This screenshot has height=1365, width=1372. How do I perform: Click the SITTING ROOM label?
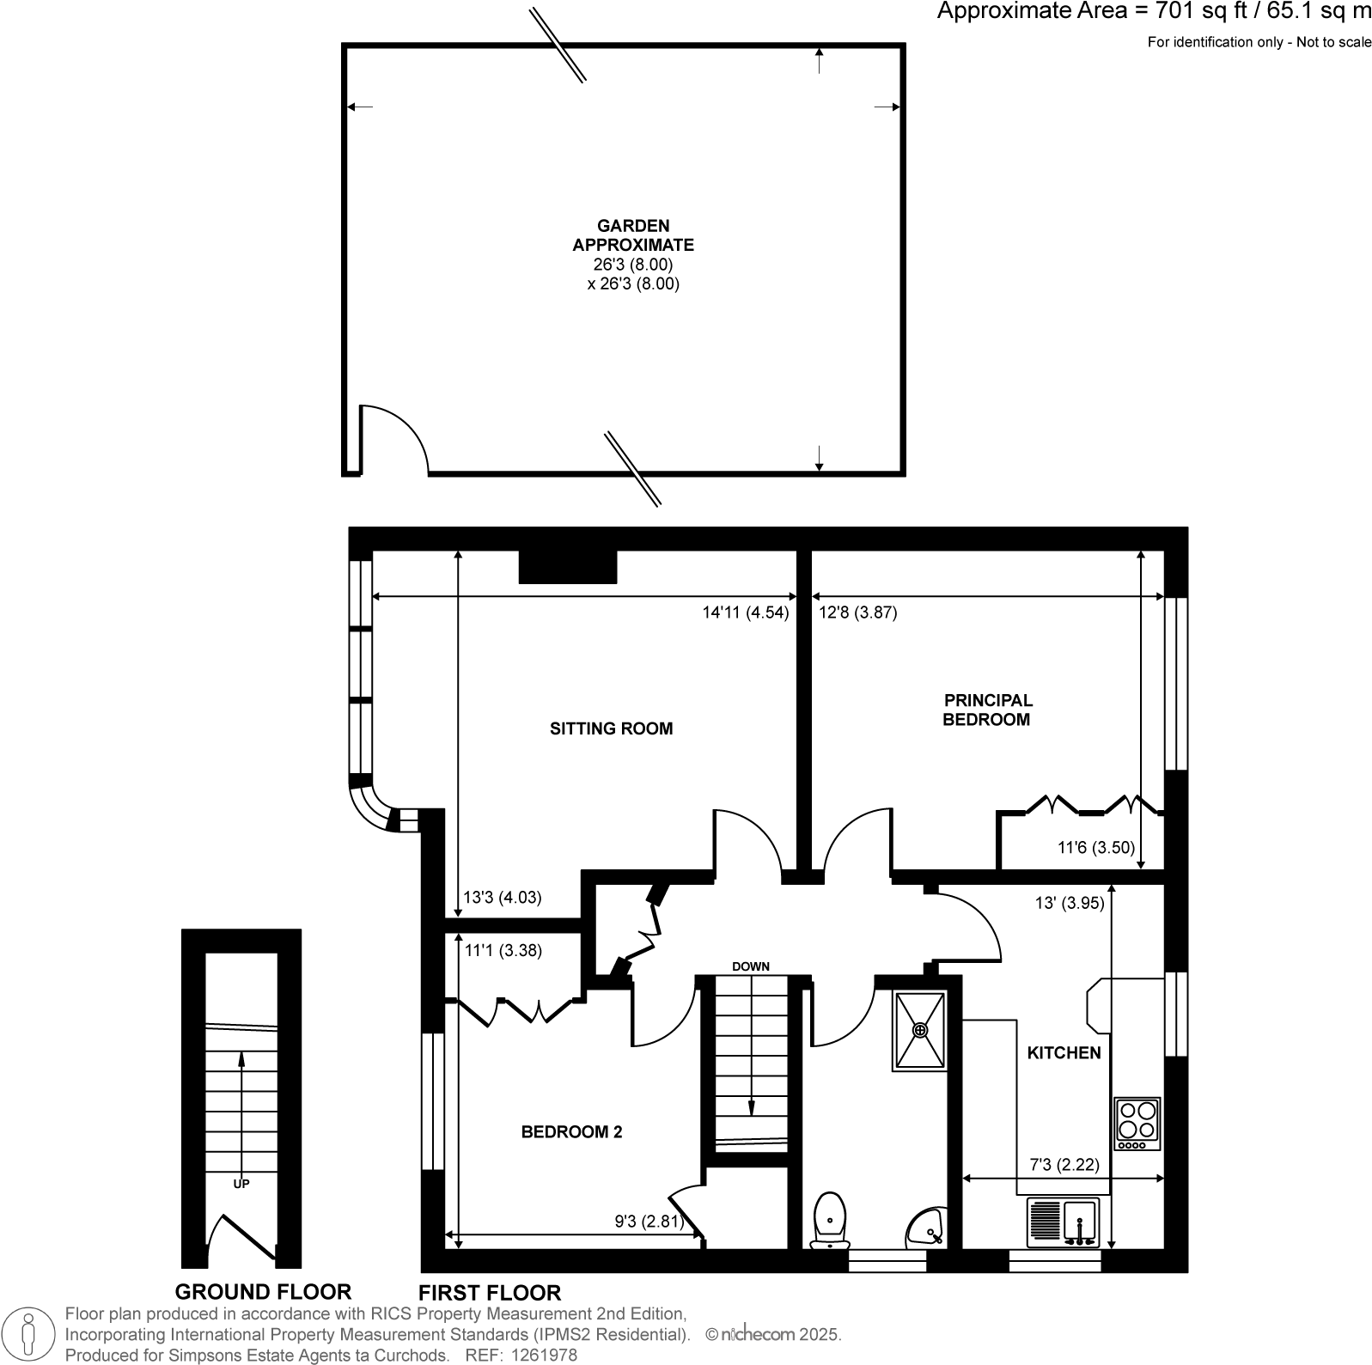click(x=611, y=728)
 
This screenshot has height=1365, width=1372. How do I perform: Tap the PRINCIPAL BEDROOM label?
click(x=986, y=710)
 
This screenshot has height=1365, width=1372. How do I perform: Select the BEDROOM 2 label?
click(x=571, y=1132)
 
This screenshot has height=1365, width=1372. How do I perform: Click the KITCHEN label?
click(x=1064, y=1052)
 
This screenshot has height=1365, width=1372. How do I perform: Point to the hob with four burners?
click(x=1137, y=1124)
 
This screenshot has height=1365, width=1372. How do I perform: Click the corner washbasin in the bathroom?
click(x=928, y=1228)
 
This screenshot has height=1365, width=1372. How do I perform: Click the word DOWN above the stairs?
click(x=750, y=966)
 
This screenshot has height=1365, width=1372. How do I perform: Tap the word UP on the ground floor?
click(x=241, y=1184)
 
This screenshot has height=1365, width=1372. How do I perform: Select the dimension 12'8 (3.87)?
click(x=858, y=612)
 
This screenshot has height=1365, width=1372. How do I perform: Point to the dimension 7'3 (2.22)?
click(x=1064, y=1165)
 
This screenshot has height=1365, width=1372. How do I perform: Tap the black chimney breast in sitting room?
click(x=568, y=567)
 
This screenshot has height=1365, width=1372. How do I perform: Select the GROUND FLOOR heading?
click(x=263, y=1291)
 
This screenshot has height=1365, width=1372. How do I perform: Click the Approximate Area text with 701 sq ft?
click(x=1154, y=12)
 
